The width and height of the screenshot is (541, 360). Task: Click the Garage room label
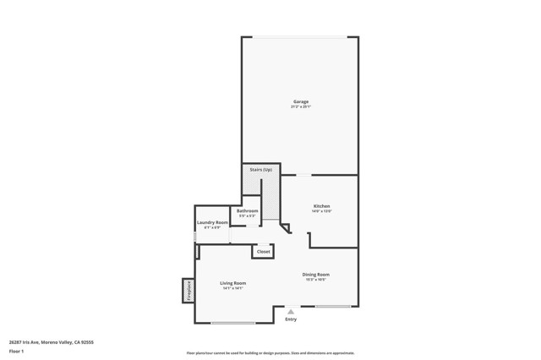coord(300,101)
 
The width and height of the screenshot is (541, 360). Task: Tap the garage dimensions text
coord(300,107)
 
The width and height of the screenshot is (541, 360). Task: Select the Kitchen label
coord(322,206)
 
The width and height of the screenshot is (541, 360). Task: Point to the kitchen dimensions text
coord(322,211)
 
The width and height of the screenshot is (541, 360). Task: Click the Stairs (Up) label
coord(261,170)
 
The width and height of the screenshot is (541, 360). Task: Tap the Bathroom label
coord(247,210)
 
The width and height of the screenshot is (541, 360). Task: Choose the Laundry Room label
coord(212,222)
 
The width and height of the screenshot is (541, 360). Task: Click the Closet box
coord(264,251)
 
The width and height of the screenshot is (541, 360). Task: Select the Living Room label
coord(233,283)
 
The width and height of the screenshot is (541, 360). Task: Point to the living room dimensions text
coord(233,288)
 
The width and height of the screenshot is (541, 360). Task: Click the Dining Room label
coord(316,275)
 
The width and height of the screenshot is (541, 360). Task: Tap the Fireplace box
coord(189,291)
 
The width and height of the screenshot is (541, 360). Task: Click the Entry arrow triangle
coord(291,312)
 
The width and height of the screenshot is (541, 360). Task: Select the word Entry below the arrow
coord(291,319)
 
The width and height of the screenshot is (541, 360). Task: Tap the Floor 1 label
coord(16,351)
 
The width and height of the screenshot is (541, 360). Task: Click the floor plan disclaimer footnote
coord(270,353)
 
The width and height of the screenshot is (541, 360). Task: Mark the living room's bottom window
coord(233,323)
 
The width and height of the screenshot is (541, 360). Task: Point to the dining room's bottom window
coord(333,306)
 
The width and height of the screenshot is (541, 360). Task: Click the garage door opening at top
coord(300,37)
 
